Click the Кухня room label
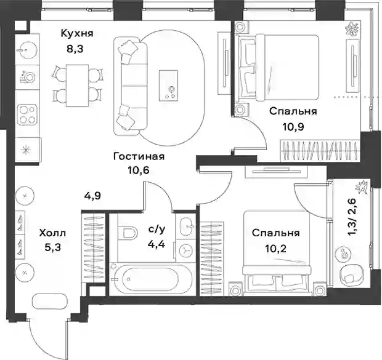(77, 33)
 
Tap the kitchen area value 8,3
(75, 49)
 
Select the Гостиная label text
(139, 156)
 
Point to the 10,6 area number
(139, 170)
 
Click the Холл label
(52, 233)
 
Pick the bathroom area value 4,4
(156, 244)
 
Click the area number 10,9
(293, 127)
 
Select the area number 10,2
(276, 249)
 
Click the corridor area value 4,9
(92, 196)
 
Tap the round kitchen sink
(26, 50)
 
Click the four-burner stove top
(26, 114)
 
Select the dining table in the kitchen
(77, 86)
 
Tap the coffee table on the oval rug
(168, 86)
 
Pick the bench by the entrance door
(49, 302)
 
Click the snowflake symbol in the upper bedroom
(352, 29)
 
